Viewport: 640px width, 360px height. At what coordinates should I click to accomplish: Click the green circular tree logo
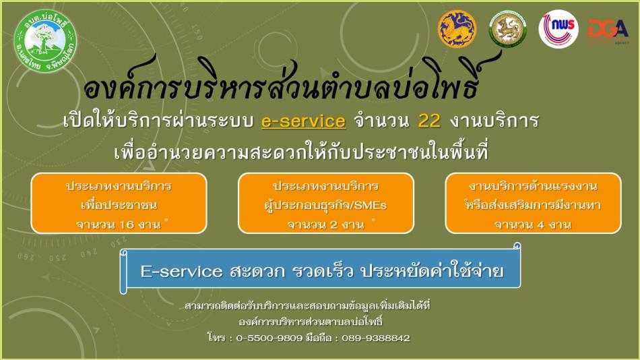(x=45, y=41)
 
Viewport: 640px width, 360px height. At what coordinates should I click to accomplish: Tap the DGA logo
(x=608, y=30)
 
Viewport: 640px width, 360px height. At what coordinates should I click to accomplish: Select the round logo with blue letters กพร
(x=558, y=29)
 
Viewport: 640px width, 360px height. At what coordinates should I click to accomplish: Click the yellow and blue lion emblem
(x=457, y=29)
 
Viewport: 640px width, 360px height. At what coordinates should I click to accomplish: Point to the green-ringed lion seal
(x=507, y=29)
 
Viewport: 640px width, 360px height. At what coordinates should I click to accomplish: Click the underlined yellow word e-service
(x=304, y=121)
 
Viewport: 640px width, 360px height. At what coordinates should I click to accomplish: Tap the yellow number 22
(x=429, y=121)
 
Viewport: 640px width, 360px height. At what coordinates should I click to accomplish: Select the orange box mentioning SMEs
(x=325, y=204)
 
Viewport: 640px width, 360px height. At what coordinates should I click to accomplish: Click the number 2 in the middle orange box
(x=333, y=224)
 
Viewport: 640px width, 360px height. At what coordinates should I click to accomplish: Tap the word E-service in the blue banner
(x=182, y=271)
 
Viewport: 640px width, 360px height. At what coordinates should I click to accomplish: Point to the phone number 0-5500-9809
(x=269, y=338)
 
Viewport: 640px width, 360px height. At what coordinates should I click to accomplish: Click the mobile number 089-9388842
(x=375, y=338)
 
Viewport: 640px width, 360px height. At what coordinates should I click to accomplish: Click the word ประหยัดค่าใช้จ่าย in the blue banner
(x=433, y=270)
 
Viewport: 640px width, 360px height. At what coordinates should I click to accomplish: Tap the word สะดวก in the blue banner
(x=257, y=271)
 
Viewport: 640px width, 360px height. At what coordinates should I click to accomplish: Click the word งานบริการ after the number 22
(x=494, y=121)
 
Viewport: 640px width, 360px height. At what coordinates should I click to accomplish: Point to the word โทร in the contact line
(x=216, y=338)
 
